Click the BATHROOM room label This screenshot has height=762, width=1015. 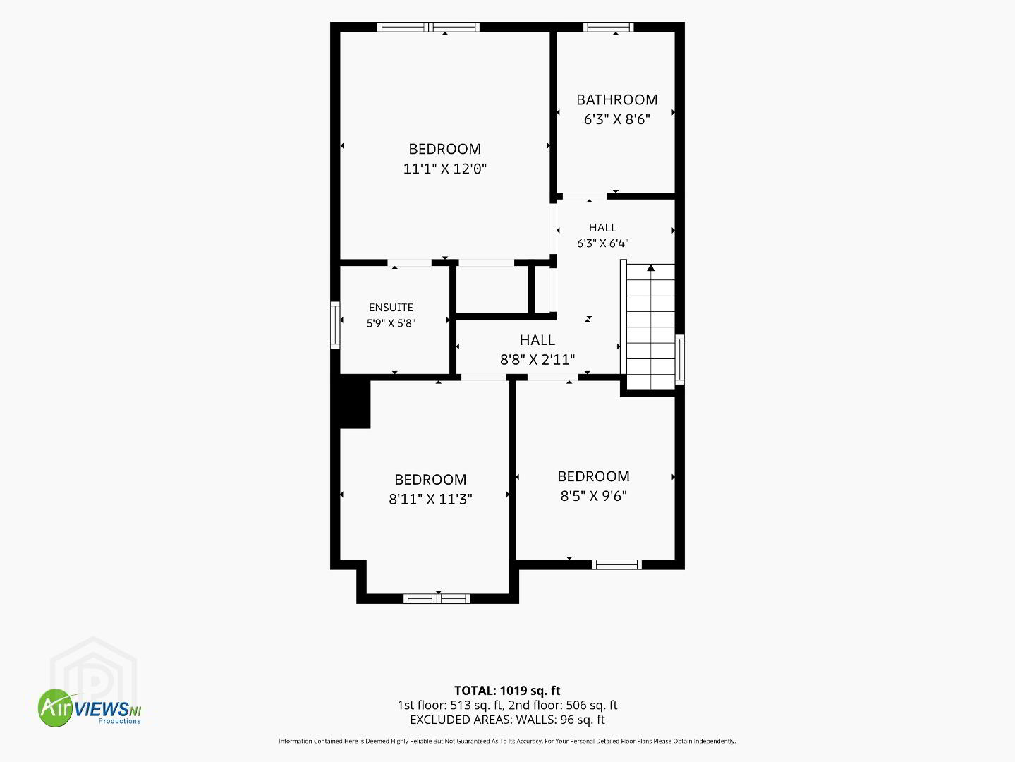pyautogui.click(x=617, y=99)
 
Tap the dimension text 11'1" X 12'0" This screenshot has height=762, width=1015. pyautogui.click(x=445, y=169)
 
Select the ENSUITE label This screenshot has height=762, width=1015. pyautogui.click(x=391, y=308)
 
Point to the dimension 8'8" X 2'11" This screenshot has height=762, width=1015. pyautogui.click(x=537, y=359)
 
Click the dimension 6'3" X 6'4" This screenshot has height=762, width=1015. pyautogui.click(x=603, y=243)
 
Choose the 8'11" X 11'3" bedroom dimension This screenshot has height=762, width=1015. pyautogui.click(x=430, y=499)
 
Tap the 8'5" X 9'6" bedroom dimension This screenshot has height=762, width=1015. pyautogui.click(x=594, y=496)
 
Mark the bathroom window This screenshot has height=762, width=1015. pyautogui.click(x=609, y=27)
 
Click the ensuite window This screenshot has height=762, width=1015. pyautogui.click(x=335, y=325)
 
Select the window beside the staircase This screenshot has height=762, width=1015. pyautogui.click(x=680, y=359)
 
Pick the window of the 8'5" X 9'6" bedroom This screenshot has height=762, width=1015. pyautogui.click(x=617, y=564)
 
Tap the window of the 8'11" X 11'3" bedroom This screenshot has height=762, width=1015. pyautogui.click(x=437, y=599)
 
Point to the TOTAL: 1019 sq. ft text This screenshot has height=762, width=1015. pyautogui.click(x=507, y=691)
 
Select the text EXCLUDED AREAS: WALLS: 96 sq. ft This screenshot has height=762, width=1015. pyautogui.click(x=507, y=720)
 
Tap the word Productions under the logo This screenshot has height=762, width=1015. pyautogui.click(x=119, y=721)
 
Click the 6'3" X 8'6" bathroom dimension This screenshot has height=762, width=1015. pyautogui.click(x=617, y=119)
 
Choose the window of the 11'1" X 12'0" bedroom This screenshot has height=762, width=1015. pyautogui.click(x=428, y=27)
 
